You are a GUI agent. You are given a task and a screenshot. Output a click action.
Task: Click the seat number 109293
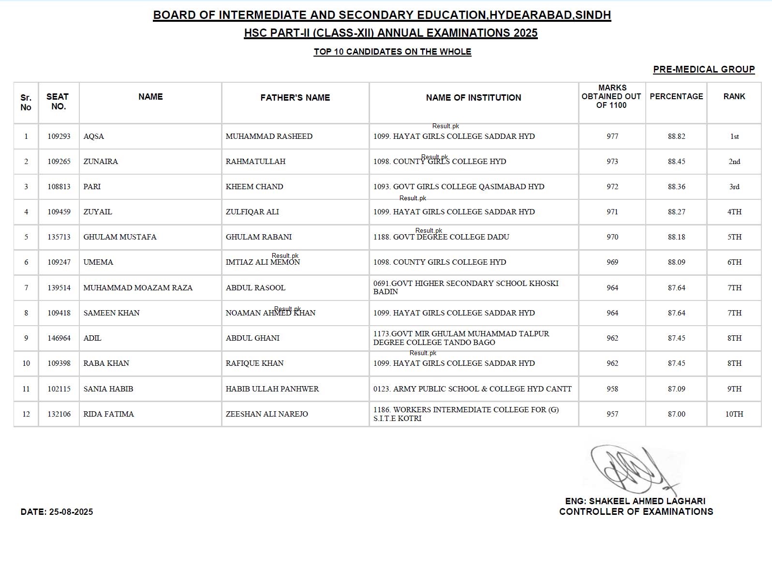[x=59, y=136]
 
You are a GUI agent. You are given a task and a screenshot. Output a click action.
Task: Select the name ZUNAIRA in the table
[x=101, y=162]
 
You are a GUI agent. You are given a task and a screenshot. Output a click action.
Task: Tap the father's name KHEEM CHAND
[x=254, y=187]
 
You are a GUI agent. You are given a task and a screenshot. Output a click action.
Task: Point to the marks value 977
[x=612, y=136]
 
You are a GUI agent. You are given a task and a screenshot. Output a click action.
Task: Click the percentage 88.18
[x=676, y=237]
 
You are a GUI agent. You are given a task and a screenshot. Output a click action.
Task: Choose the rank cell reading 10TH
[x=734, y=414]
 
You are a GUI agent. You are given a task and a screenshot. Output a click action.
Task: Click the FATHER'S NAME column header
[x=295, y=98]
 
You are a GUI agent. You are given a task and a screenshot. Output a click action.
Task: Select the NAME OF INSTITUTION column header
[x=474, y=98]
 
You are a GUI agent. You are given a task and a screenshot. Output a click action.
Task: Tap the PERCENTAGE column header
[x=676, y=97]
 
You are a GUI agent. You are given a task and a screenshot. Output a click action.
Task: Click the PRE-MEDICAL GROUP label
[x=704, y=70]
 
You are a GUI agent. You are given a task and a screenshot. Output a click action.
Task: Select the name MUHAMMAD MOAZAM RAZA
[x=138, y=288]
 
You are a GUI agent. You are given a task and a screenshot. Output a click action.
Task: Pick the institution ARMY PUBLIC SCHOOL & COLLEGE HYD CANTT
[x=473, y=389]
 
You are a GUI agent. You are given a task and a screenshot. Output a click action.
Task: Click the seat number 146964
[x=59, y=338]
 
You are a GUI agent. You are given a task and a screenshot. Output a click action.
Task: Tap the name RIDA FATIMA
[x=109, y=414]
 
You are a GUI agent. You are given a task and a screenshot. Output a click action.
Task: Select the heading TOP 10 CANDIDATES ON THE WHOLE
[x=392, y=52]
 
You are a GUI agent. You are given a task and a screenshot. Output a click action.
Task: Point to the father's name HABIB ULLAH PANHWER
[x=272, y=389]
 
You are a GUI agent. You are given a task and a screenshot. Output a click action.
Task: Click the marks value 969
[x=612, y=262]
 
